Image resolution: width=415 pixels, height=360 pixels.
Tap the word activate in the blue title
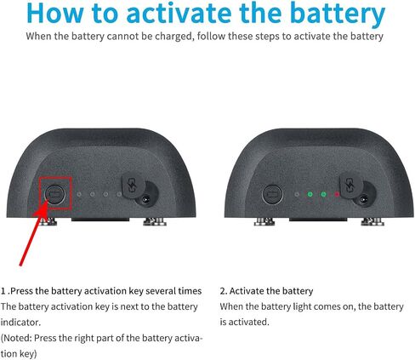(x=179, y=13)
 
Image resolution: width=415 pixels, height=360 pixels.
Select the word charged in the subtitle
(x=174, y=37)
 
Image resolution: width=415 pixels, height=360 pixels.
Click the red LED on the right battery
(x=337, y=194)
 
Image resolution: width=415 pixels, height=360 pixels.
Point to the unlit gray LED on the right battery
(x=297, y=194)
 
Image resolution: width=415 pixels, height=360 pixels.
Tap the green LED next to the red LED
(x=323, y=194)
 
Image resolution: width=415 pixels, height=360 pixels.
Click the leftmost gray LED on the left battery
(x=79, y=194)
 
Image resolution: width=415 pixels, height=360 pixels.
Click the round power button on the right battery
(x=273, y=194)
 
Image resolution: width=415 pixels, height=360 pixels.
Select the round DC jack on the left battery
(x=145, y=199)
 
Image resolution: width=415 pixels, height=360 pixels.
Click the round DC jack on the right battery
(x=363, y=199)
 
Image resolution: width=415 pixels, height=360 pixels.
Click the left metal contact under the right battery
(x=264, y=221)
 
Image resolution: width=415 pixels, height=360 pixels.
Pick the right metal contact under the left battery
(x=155, y=221)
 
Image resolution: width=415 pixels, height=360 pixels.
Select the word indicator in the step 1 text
(x=20, y=323)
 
